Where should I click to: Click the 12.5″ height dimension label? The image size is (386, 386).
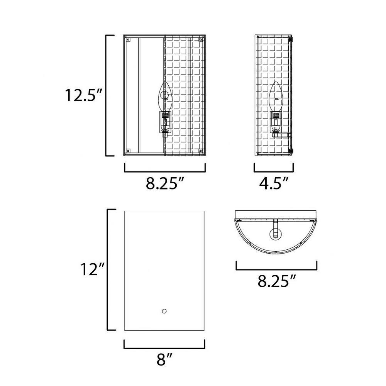[x=83, y=95]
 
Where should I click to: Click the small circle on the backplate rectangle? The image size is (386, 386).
[x=164, y=311]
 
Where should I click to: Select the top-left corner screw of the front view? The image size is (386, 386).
[x=128, y=39]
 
